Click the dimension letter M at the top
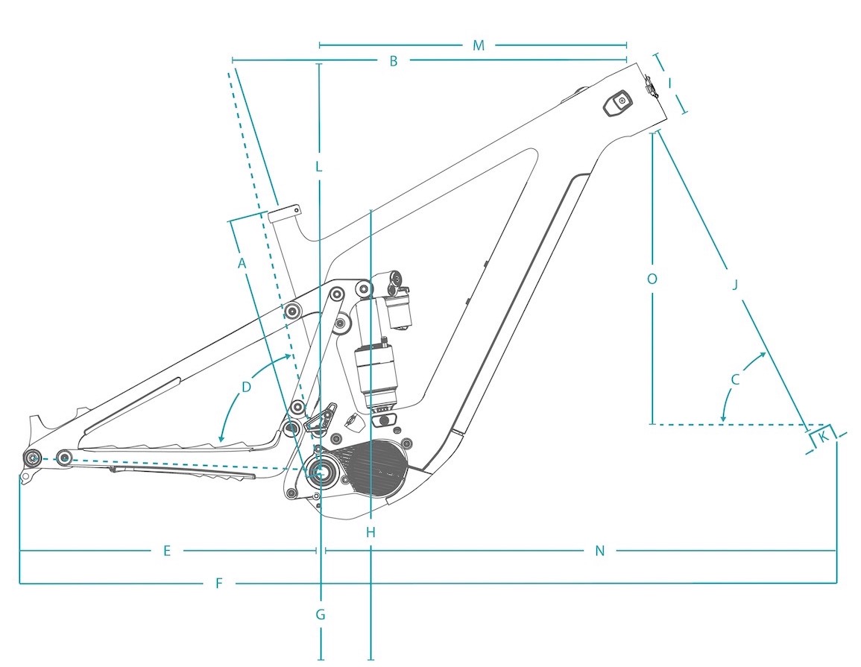[x=479, y=45]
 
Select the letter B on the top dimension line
[x=393, y=61]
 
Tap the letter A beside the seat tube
[x=242, y=264]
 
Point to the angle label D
[x=246, y=387]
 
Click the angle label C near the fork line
[x=735, y=379]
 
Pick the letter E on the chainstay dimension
[x=167, y=551]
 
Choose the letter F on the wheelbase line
[x=218, y=583]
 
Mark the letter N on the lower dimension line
[x=599, y=551]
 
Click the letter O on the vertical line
[x=652, y=279]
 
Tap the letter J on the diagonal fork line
[x=735, y=285]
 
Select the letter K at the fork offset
[x=823, y=437]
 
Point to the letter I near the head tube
[x=670, y=83]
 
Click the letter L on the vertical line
[x=318, y=167]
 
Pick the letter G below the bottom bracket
[x=321, y=614]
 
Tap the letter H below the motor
[x=370, y=532]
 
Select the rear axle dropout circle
[x=32, y=458]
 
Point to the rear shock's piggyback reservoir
[x=399, y=312]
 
